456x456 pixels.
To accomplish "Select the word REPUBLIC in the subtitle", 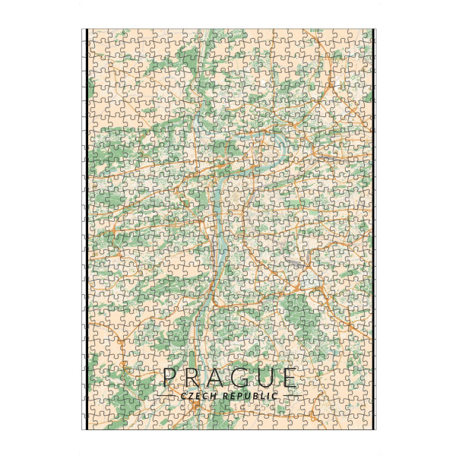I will click(x=249, y=396).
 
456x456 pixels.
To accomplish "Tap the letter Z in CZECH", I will click(x=191, y=396).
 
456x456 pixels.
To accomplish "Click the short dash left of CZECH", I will click(x=166, y=397).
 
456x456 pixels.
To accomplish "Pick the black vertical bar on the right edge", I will click(x=373, y=228).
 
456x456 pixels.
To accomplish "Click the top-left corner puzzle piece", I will click(x=96, y=36).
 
